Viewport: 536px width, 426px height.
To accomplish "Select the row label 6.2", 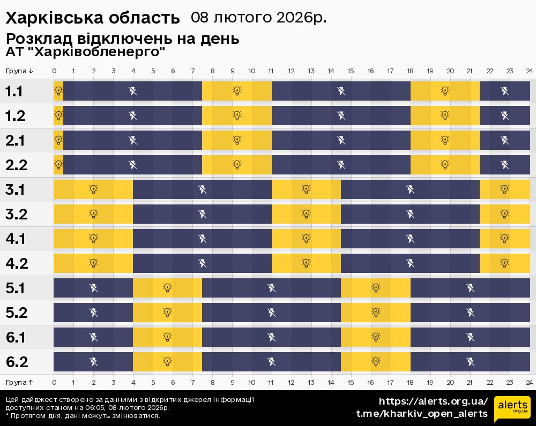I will pyautogui.click(x=16, y=362).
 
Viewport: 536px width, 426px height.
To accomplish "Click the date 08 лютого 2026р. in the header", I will pyautogui.click(x=258, y=18).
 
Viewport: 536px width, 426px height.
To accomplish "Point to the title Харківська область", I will pyautogui.click(x=93, y=18).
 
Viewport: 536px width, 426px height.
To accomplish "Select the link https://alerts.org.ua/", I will pyautogui.click(x=434, y=401).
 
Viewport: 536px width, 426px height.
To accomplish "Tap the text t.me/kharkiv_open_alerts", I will pyautogui.click(x=422, y=414).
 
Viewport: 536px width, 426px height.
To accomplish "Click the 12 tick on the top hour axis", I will pyautogui.click(x=291, y=71).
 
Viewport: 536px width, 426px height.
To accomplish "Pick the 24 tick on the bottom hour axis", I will pyautogui.click(x=529, y=382).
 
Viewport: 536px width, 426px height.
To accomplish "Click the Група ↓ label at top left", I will pyautogui.click(x=20, y=71).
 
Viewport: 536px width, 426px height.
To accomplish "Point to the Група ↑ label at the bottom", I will pyautogui.click(x=20, y=382).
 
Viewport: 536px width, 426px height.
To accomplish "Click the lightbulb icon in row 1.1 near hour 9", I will pyautogui.click(x=237, y=91).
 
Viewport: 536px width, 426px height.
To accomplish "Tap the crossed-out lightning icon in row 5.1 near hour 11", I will pyautogui.click(x=272, y=288).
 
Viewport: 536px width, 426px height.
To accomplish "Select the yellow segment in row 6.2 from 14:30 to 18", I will pyautogui.click(x=376, y=362).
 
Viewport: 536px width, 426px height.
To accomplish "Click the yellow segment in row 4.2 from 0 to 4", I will pyautogui.click(x=93, y=263).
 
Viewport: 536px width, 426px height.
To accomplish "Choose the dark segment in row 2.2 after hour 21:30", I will pyautogui.click(x=504, y=164).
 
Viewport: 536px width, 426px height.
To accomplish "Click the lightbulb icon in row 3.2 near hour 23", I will pyautogui.click(x=504, y=214).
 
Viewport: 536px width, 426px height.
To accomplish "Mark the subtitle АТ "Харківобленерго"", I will pyautogui.click(x=85, y=52).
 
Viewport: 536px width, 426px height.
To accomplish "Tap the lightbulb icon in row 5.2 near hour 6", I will pyautogui.click(x=167, y=313).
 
